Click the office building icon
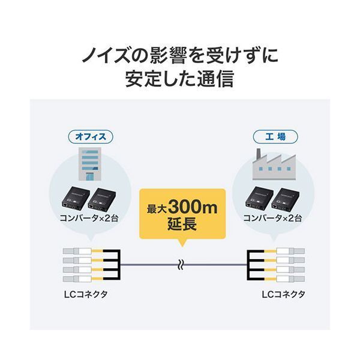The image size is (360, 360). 88,163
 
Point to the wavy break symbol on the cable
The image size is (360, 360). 179,263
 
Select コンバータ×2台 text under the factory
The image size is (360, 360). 272,218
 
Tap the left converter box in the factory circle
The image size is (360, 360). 259,197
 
